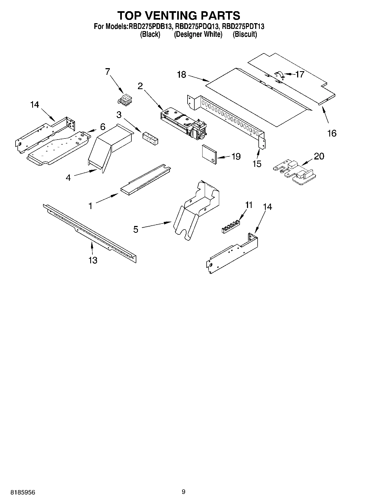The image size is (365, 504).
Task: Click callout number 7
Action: pos(107,72)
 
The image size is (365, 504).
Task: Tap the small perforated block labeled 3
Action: pos(150,137)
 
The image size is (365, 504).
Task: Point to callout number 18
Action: pos(182,74)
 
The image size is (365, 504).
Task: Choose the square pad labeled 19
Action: pos(209,154)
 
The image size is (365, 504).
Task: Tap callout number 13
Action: pos(93,260)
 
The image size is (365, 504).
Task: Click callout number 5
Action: pos(136,229)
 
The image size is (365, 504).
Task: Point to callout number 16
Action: pos(332,133)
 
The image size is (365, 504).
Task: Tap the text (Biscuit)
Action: pos(245,34)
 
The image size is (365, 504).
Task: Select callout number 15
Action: pos(257,164)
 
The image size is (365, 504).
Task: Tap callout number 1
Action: pos(91,206)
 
